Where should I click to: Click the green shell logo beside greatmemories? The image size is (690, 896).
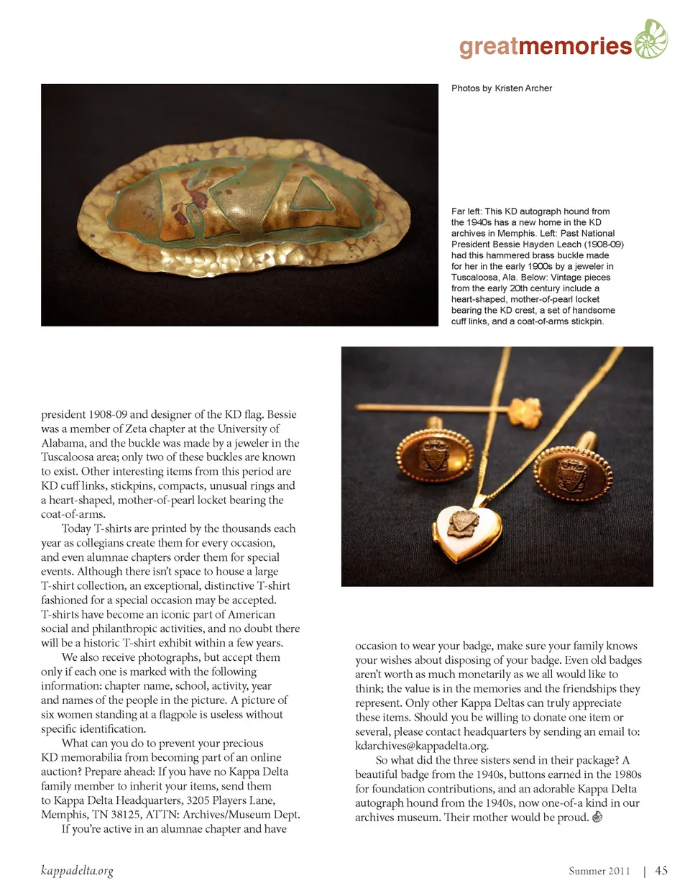[650, 39]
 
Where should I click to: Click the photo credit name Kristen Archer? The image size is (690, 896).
[523, 88]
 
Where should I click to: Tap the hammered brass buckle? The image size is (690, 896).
[240, 206]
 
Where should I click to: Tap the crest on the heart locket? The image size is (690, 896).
[464, 523]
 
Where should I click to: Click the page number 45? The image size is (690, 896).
[661, 871]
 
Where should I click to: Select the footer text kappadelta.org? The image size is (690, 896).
[77, 871]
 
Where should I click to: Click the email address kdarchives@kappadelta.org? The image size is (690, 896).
[421, 746]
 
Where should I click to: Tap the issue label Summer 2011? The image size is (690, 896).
[599, 872]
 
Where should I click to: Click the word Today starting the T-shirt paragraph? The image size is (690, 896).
[76, 529]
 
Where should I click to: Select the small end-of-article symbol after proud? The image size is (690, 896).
[597, 817]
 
